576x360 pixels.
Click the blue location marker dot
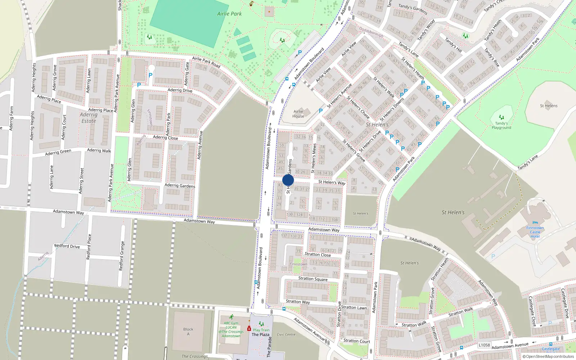pos(288,180)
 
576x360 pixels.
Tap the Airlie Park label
pos(229,14)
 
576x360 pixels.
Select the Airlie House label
pos(298,114)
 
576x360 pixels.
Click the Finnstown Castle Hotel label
pos(535,232)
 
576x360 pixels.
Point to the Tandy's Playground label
pos(501,125)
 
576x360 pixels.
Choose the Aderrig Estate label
pos(89,118)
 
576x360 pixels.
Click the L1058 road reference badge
pos(484,345)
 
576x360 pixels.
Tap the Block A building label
pos(188,332)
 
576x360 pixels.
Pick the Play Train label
pos(261,330)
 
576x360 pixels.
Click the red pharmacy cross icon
pos(249,329)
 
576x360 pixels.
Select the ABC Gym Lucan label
pos(231,325)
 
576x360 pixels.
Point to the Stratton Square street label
pos(313,279)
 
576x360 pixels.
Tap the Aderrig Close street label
pos(165,138)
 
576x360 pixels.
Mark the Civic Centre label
pos(286,334)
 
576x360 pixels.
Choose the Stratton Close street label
pos(318,254)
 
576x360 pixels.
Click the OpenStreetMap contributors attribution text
pos(549,356)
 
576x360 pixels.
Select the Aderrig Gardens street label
pos(180,185)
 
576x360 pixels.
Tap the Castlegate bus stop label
pos(550,349)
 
